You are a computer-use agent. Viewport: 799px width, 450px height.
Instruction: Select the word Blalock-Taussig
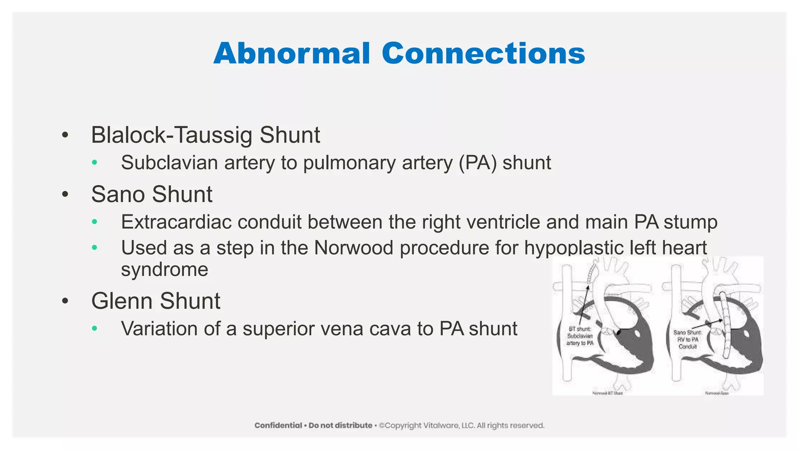pyautogui.click(x=172, y=135)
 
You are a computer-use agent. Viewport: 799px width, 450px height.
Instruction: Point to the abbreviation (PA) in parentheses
pyautogui.click(x=478, y=163)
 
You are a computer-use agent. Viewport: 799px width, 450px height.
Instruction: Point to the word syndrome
pyautogui.click(x=165, y=270)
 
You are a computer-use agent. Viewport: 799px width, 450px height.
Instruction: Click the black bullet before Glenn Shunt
pyautogui.click(x=65, y=301)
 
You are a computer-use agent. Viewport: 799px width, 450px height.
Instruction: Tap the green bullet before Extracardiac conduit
pyautogui.click(x=94, y=222)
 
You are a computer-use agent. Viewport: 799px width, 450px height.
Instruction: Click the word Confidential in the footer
pyautogui.click(x=278, y=425)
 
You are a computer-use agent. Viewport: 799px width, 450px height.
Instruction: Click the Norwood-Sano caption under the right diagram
pyautogui.click(x=716, y=393)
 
